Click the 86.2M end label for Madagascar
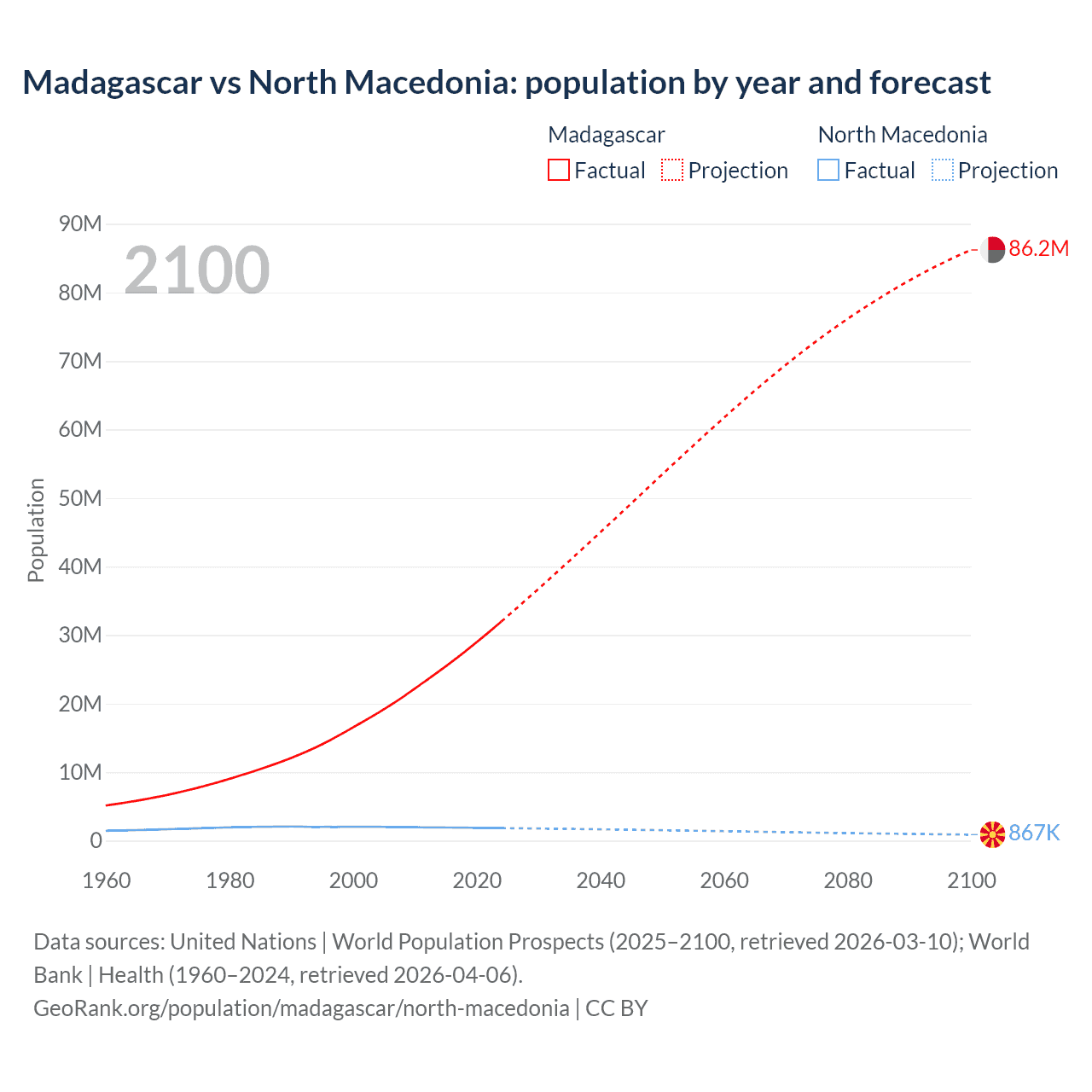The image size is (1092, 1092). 1038,248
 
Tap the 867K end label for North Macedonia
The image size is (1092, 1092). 1034,833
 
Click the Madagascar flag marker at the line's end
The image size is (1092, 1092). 992,250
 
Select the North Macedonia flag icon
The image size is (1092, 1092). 992,834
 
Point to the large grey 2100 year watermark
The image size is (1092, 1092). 197,270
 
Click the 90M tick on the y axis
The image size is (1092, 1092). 80,224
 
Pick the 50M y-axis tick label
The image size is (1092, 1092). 80,498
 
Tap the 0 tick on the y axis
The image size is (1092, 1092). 96,840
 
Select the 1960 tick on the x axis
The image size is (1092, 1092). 107,880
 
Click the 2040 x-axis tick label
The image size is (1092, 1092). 601,880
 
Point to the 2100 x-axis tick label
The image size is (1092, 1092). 971,880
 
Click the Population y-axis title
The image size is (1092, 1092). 36,530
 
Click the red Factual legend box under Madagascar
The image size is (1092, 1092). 558,170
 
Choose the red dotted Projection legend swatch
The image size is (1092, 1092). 672,170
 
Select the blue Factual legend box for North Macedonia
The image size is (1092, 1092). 828,170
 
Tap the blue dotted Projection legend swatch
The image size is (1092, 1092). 942,170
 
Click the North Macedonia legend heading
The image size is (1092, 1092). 902,135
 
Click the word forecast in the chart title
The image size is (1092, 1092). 930,83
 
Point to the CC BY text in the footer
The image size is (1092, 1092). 616,1008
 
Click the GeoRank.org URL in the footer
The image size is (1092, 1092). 301,1008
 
